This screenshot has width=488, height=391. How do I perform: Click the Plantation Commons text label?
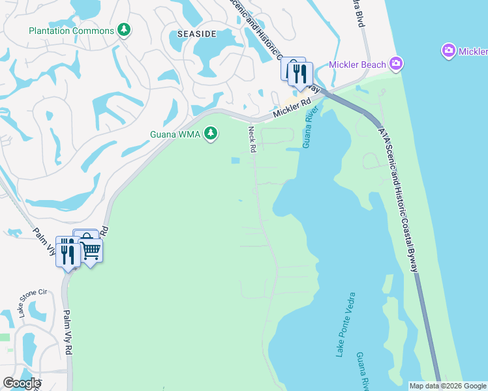pos(72,31)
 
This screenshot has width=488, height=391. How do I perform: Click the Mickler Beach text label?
pos(357,63)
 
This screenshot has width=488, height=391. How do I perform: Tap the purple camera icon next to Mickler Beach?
pos(396,63)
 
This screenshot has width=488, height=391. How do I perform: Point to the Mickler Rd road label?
pos(291,109)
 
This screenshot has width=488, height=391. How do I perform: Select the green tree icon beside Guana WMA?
pos(210,134)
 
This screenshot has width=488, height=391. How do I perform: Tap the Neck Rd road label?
pos(251,140)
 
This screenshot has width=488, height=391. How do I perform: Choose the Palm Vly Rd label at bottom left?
pos(67,334)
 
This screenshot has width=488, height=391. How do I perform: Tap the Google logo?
pos(22,383)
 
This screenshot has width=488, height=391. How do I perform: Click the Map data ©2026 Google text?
pos(447,386)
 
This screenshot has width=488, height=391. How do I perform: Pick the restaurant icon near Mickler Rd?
pos(300,74)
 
